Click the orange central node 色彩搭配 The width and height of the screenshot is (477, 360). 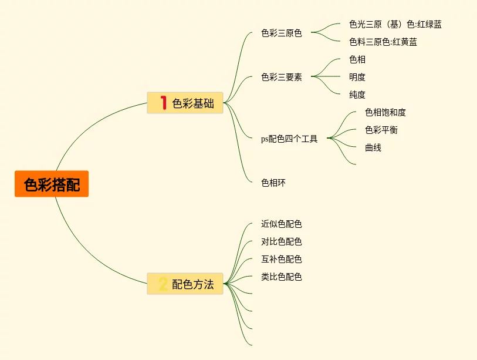[x=52, y=184]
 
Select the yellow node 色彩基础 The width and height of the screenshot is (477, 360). [x=185, y=103]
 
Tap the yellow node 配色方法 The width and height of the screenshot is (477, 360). [x=185, y=285]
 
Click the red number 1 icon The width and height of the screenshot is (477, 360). [x=163, y=103]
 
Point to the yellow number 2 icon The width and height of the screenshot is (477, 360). [x=163, y=285]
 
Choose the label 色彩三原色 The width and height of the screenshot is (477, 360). [x=282, y=33]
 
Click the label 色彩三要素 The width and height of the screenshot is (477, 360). [x=282, y=77]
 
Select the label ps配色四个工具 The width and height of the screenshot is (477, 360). [x=289, y=139]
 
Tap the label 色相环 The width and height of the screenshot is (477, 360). [x=273, y=183]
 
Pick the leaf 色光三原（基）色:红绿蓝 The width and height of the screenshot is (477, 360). [x=395, y=24]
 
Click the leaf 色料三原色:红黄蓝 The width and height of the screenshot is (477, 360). [x=383, y=42]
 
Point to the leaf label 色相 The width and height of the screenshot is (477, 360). [x=357, y=59]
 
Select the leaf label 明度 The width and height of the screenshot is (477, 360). [x=357, y=77]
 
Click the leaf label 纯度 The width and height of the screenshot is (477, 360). [x=357, y=95]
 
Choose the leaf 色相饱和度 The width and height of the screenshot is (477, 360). [x=385, y=112]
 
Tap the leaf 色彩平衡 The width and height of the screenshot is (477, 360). [x=381, y=130]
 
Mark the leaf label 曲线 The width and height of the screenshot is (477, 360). [x=373, y=147]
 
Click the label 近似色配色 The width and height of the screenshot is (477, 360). [x=282, y=224]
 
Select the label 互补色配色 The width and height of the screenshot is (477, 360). [x=282, y=259]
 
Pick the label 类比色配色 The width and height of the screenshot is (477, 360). [x=282, y=277]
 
